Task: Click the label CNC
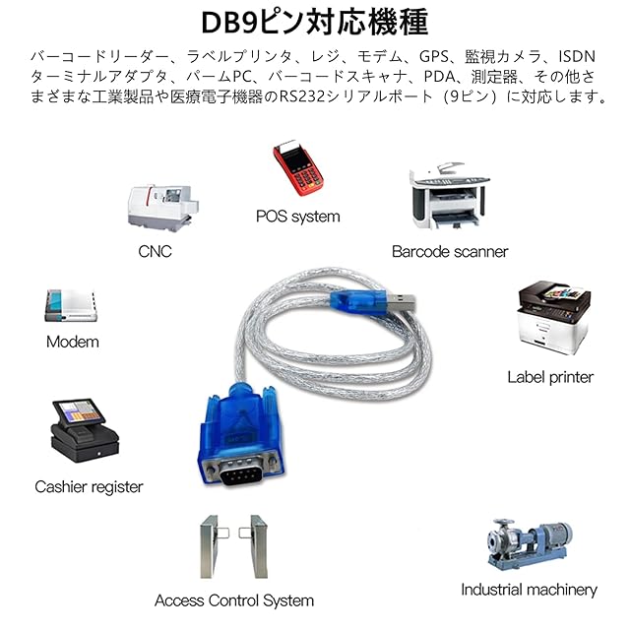[x=155, y=252]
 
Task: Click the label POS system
[x=297, y=217]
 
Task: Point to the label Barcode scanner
[x=450, y=252]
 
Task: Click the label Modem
[x=73, y=343]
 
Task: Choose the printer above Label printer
[x=552, y=321]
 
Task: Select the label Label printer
[x=550, y=377]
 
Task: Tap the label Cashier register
[x=89, y=486]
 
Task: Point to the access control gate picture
[x=232, y=547]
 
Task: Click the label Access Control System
[x=234, y=600]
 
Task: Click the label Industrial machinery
[x=529, y=591]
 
